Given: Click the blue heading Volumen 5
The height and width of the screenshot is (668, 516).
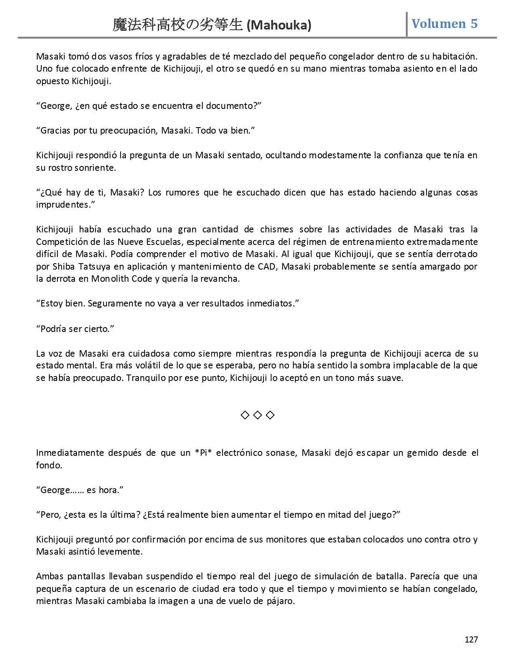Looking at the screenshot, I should pyautogui.click(x=444, y=23).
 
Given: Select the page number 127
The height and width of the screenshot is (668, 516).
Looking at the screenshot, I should pyautogui.click(x=471, y=639).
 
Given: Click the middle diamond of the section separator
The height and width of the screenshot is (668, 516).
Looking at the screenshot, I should pyautogui.click(x=257, y=415).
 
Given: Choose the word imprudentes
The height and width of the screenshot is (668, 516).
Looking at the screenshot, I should pyautogui.click(x=63, y=204).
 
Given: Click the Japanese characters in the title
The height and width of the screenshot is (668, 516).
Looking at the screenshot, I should pyautogui.click(x=178, y=26).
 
